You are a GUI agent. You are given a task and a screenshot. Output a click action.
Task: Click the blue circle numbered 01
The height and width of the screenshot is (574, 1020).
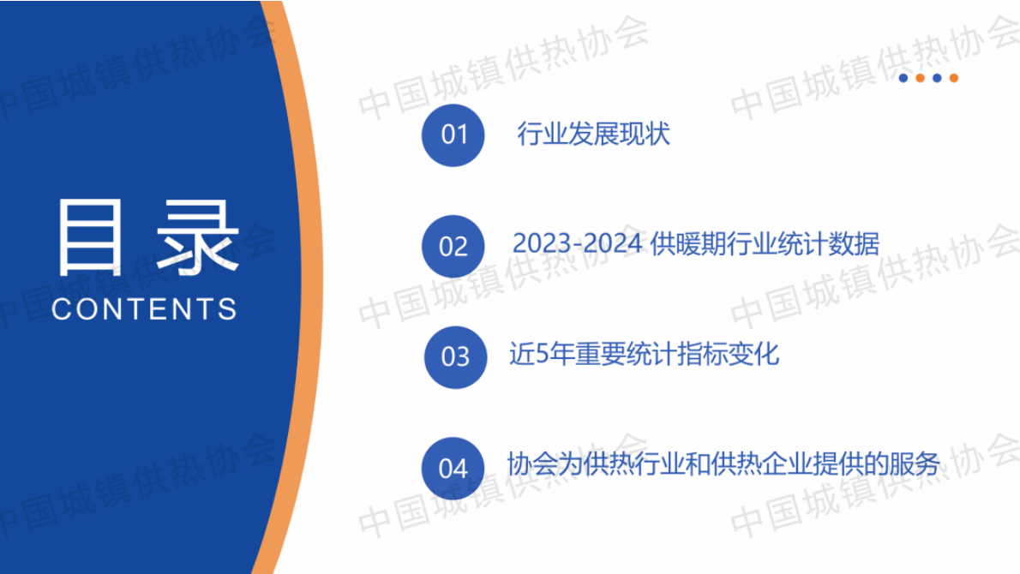pos(453,135)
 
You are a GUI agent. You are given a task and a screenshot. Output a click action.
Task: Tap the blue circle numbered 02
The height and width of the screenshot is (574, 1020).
pos(453,246)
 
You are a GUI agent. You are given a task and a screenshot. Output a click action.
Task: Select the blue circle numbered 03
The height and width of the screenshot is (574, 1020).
pos(455,356)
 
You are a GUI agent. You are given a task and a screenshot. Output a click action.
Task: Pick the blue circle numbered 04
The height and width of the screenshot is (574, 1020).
pos(453,468)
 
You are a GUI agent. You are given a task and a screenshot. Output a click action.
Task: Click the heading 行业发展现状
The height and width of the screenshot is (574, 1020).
pos(593,135)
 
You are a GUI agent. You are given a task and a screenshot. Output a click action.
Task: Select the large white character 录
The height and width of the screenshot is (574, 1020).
pos(200,237)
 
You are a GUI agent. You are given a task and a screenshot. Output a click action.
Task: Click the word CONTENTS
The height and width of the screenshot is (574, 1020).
pos(144,309)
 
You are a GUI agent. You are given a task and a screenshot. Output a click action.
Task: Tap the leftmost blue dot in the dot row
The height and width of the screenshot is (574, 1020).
pos(903,78)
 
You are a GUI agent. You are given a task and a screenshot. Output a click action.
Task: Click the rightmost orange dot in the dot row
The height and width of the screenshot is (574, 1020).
pos(954,78)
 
